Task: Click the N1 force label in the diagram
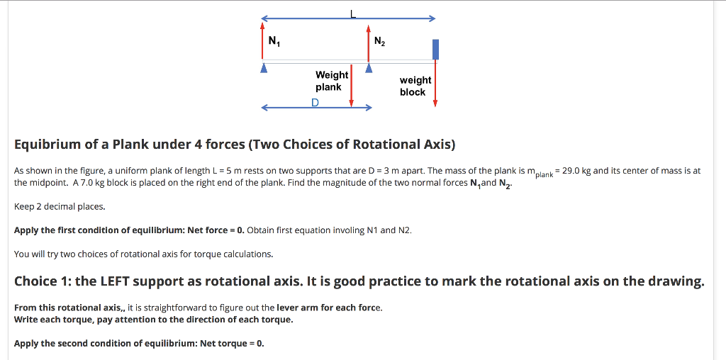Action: click(x=273, y=40)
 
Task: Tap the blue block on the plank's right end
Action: click(x=435, y=49)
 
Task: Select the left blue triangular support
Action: click(x=264, y=69)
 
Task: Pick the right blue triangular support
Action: click(x=369, y=69)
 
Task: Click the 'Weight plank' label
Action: click(x=331, y=81)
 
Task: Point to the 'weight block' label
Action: click(x=415, y=86)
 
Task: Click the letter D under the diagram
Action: click(x=315, y=103)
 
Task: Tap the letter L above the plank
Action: click(x=352, y=12)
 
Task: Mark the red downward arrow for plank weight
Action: click(x=352, y=85)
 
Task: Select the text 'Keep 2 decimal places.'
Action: click(x=60, y=206)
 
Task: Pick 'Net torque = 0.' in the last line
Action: click(x=232, y=343)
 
